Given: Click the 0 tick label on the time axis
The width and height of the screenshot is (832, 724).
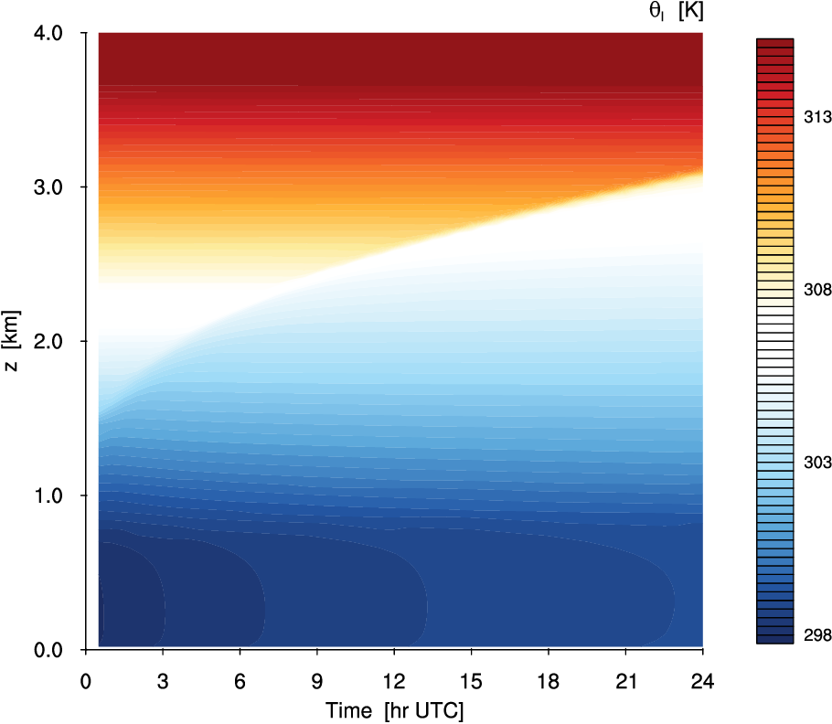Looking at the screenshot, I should click(x=86, y=680).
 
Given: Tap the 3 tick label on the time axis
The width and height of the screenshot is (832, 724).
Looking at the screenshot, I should click(x=163, y=680).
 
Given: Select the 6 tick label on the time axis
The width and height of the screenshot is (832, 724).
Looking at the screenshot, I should click(x=240, y=680).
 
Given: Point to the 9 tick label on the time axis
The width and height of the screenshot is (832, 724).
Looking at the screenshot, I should click(x=316, y=680).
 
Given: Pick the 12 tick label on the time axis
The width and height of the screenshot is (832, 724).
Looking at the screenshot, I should click(x=394, y=680).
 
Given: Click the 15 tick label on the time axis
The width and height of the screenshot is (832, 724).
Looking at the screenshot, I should click(x=471, y=680).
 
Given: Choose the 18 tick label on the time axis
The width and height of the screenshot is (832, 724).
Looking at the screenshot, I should click(x=548, y=680).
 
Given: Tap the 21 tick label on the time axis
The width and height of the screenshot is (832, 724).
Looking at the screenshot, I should click(x=625, y=680).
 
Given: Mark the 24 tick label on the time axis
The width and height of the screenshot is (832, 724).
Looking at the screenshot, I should click(x=702, y=680).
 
